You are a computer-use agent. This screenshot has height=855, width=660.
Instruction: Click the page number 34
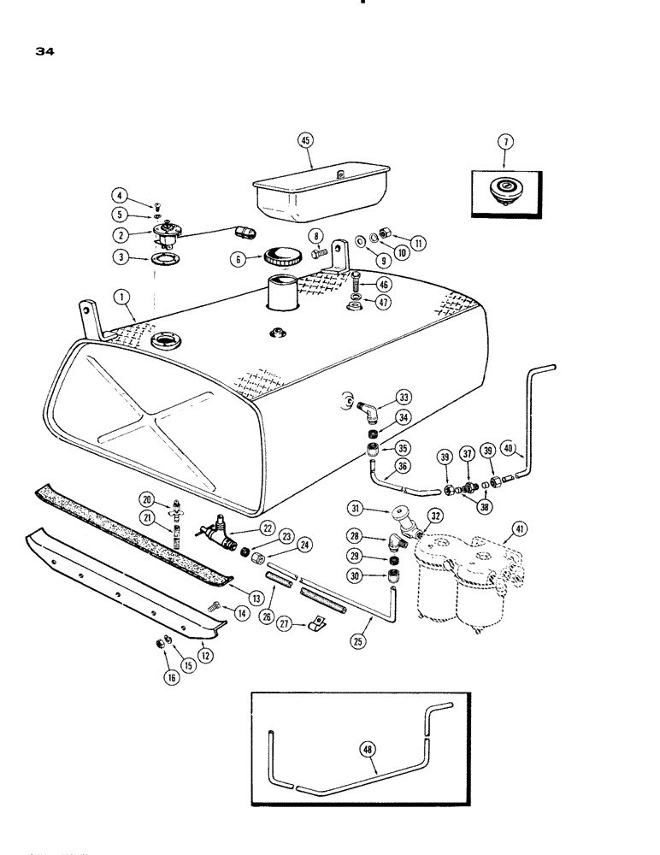tap(45, 51)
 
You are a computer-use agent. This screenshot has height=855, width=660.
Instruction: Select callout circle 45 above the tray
tap(305, 141)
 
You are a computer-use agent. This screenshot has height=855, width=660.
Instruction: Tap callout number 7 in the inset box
tap(504, 140)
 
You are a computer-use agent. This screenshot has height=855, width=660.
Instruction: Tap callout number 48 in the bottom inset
tap(369, 749)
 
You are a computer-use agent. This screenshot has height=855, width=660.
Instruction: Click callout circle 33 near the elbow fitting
tap(403, 396)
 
